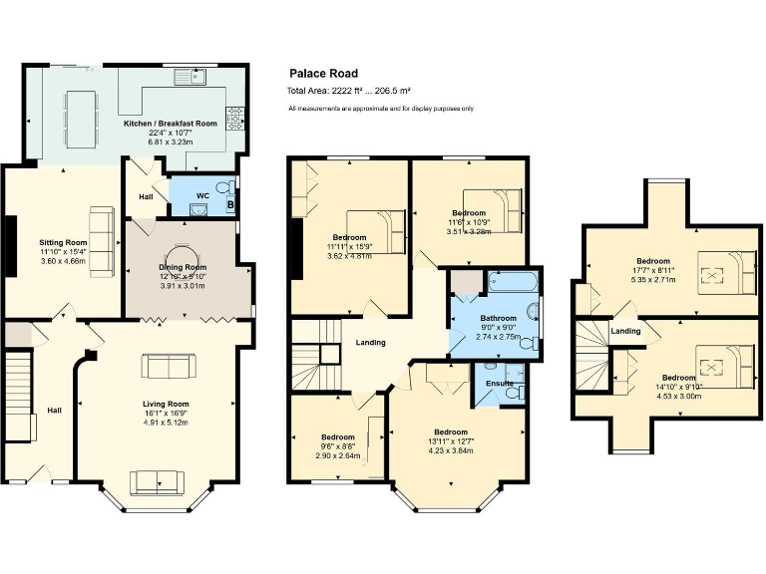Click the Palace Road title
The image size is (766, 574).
(x=323, y=73)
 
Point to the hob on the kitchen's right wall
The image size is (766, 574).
(x=236, y=118)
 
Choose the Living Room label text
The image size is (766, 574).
(x=159, y=404)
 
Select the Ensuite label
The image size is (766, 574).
(x=499, y=383)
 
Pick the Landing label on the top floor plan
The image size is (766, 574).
(x=625, y=331)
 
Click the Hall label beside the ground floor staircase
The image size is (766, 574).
(x=55, y=410)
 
